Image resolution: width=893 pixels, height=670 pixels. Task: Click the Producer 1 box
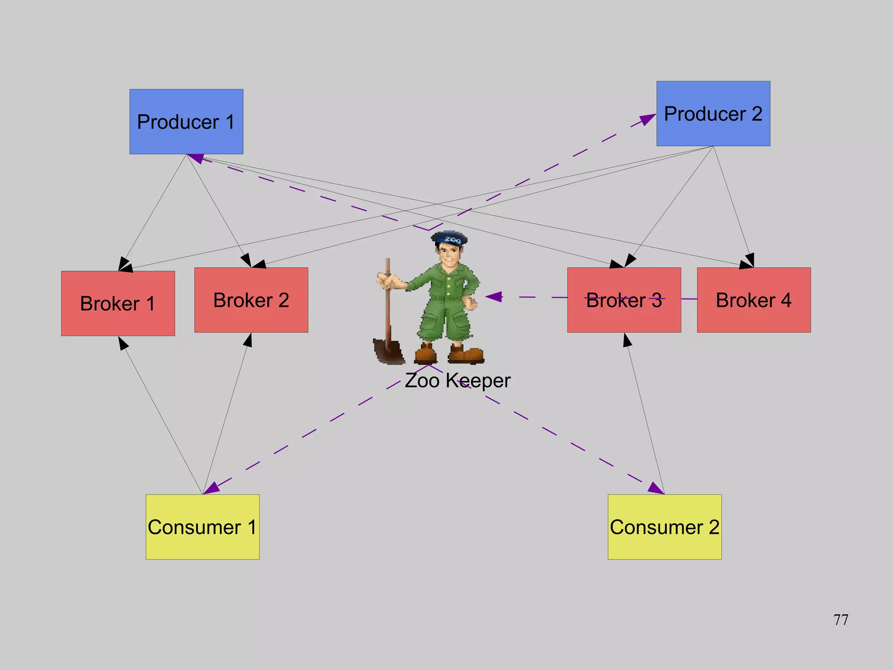186,122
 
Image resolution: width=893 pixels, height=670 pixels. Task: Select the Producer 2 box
713,113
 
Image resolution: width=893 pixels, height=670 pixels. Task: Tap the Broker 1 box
118,303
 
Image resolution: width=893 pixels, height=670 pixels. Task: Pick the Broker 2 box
251,300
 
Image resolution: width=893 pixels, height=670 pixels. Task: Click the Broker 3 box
624,300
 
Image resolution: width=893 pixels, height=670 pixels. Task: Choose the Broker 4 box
753,300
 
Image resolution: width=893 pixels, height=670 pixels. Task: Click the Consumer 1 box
202,527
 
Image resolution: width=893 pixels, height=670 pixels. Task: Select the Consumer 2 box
665,527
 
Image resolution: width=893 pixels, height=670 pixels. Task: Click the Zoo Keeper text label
457,380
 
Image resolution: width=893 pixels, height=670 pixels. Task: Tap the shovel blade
388,351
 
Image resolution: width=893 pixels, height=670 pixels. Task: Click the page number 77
840,619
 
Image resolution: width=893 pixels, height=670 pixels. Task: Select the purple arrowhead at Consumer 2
655,488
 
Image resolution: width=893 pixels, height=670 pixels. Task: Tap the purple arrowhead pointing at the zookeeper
494,297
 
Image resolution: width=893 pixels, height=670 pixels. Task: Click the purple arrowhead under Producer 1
196,159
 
